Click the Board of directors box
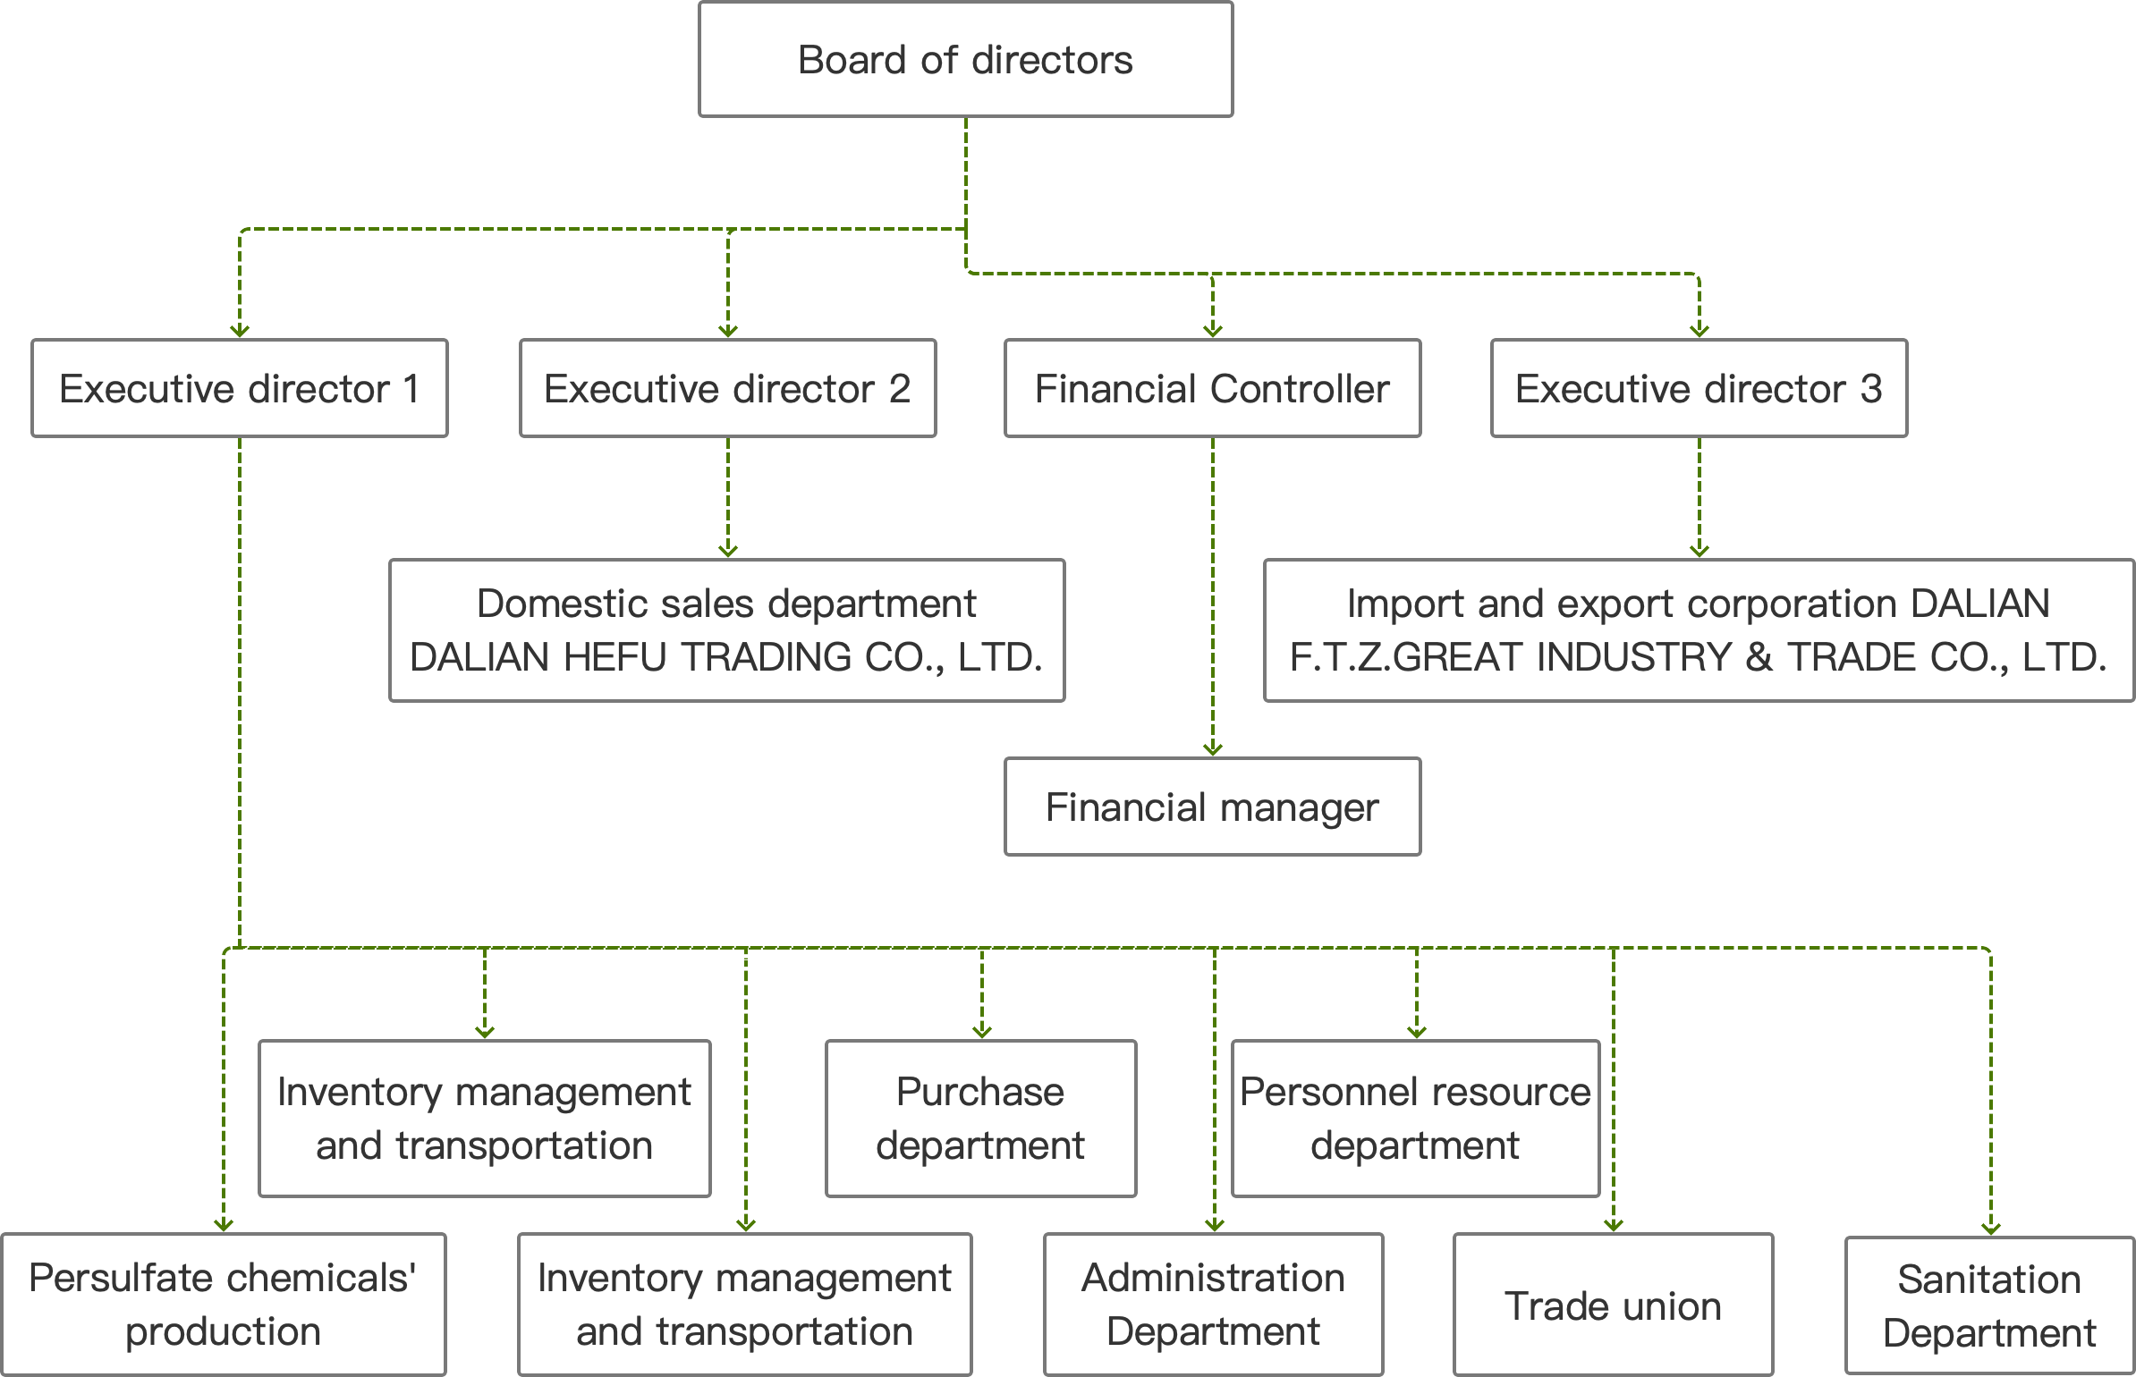point(966,59)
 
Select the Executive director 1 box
point(240,388)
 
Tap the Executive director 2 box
point(728,388)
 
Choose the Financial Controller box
point(1213,388)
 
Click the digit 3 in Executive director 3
point(1871,389)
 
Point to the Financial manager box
point(1213,807)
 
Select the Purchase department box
point(981,1118)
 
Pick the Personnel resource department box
point(1416,1118)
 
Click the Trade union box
point(1614,1305)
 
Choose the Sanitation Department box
point(1990,1306)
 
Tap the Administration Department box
point(1214,1305)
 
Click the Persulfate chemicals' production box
point(224,1305)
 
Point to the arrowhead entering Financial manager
point(1213,749)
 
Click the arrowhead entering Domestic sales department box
point(728,551)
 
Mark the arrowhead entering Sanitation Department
point(1991,1229)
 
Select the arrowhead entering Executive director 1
point(240,331)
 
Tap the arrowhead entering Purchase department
point(982,1032)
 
